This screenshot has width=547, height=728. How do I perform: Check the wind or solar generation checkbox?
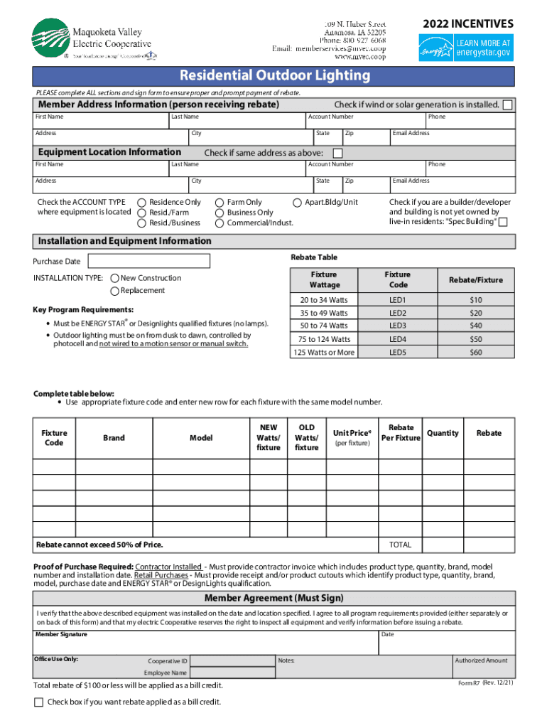pos(507,105)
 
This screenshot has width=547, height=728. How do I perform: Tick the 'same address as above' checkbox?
pos(337,153)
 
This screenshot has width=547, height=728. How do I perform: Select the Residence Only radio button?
pos(142,203)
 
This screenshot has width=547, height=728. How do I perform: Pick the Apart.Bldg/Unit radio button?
pos(298,203)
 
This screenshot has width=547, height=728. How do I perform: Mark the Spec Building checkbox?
pos(503,223)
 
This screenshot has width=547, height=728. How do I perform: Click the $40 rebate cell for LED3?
pos(475,326)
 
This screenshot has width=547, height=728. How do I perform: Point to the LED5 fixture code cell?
pos(397,352)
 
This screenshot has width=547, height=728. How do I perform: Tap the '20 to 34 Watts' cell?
pos(323,300)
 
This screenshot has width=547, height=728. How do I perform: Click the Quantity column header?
pos(443,433)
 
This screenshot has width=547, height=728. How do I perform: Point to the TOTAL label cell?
pos(400,545)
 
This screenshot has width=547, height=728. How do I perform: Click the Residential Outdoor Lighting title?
pos(274,75)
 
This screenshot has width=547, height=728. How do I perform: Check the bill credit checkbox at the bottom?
pos(39,702)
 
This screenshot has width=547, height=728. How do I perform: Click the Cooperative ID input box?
pos(232,661)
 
